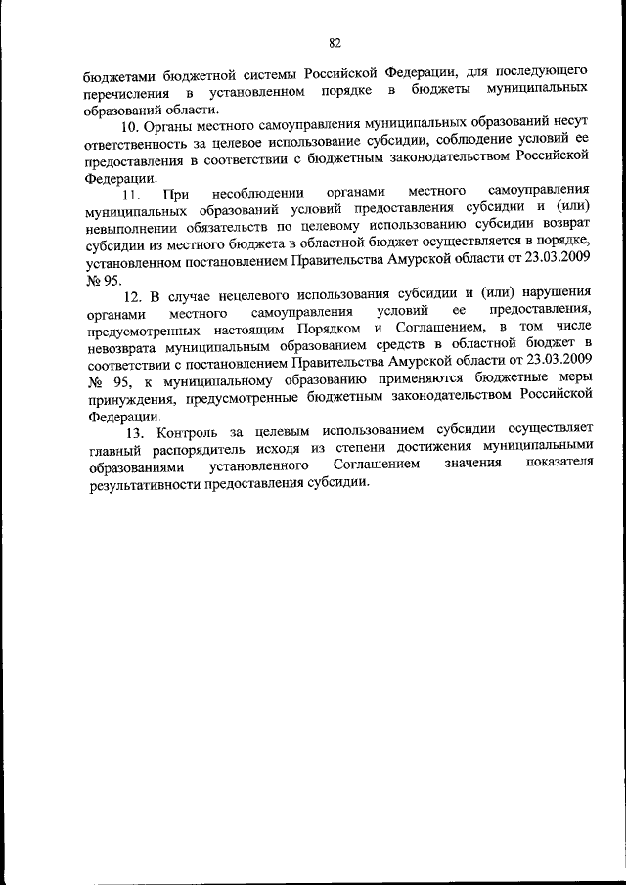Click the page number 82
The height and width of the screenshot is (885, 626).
pos(335,41)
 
